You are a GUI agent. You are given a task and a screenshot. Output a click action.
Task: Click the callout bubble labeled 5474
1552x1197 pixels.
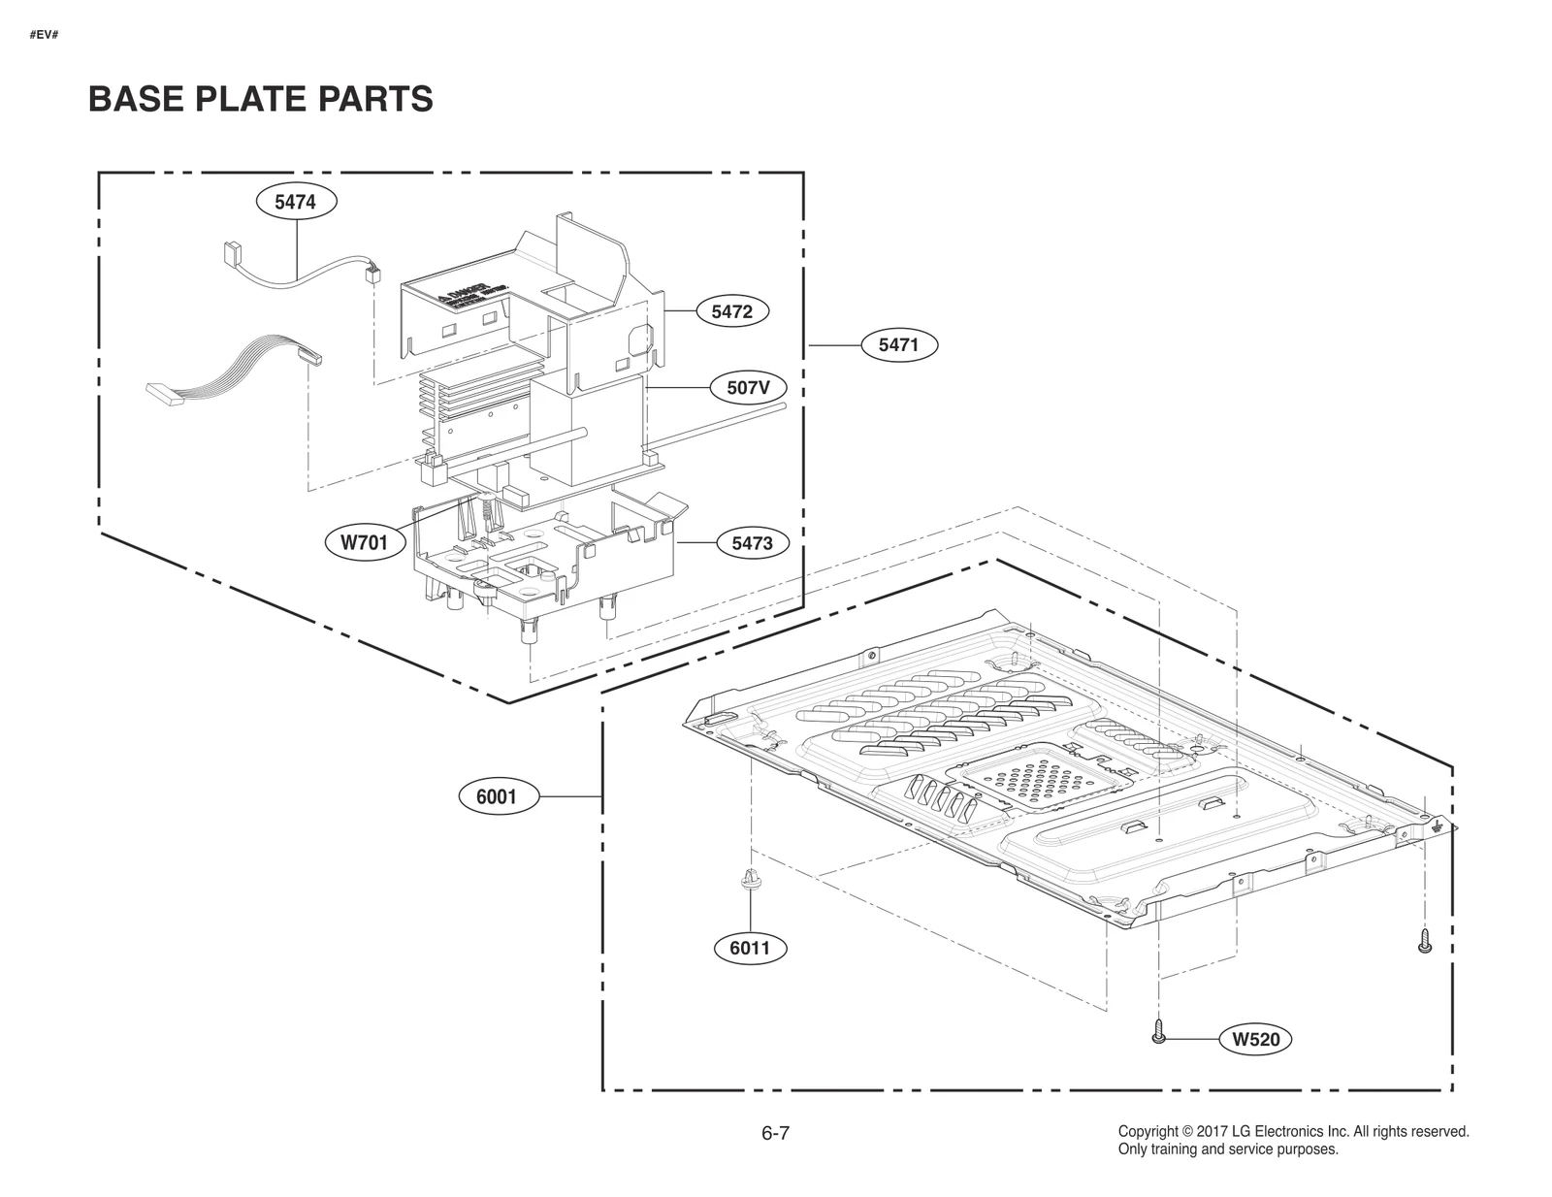[x=295, y=202]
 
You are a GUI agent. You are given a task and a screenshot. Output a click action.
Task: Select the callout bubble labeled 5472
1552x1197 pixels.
[x=731, y=311]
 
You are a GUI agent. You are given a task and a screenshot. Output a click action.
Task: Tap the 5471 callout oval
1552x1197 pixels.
[x=898, y=344]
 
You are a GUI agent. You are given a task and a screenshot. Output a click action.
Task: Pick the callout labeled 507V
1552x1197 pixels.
[x=748, y=388]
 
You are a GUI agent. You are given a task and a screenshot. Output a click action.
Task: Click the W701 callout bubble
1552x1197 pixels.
[x=364, y=542]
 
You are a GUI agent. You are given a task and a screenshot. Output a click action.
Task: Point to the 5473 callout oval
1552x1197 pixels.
[x=752, y=543]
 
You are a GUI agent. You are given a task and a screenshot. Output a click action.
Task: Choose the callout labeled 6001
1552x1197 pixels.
[x=496, y=797]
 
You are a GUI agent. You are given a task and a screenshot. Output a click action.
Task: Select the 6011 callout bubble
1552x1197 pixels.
[x=750, y=948]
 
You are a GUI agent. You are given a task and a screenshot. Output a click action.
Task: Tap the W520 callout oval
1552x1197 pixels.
[x=1256, y=1040]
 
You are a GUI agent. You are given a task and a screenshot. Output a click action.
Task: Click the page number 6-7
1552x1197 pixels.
[x=775, y=1133]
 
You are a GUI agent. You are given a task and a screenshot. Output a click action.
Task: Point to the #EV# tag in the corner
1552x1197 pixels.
[x=45, y=35]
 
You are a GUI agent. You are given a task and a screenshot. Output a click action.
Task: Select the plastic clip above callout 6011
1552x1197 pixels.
[x=750, y=880]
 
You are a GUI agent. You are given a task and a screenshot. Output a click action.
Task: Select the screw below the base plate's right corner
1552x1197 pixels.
[x=1424, y=940]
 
